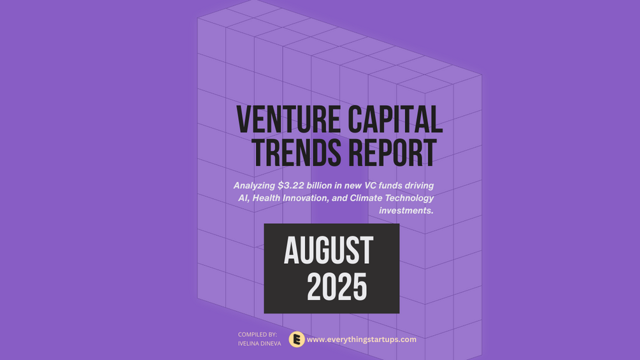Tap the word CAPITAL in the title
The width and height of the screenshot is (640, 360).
click(395, 119)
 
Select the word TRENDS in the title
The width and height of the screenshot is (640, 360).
click(296, 153)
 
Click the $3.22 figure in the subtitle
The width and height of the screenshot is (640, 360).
click(290, 185)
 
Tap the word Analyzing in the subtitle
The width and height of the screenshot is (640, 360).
click(254, 185)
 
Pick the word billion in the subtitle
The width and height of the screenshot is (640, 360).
click(319, 185)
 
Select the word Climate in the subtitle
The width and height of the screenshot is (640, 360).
click(364, 198)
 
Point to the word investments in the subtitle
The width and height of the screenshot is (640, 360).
click(406, 211)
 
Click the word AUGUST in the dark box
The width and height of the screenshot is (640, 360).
click(329, 250)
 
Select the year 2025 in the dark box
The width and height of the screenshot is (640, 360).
click(337, 287)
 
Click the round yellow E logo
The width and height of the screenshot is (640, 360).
click(297, 339)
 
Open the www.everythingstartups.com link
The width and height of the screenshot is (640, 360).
click(362, 340)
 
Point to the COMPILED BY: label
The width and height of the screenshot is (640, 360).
click(257, 335)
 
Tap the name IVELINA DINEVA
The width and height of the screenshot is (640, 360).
click(260, 343)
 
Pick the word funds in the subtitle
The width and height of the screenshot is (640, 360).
click(390, 185)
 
